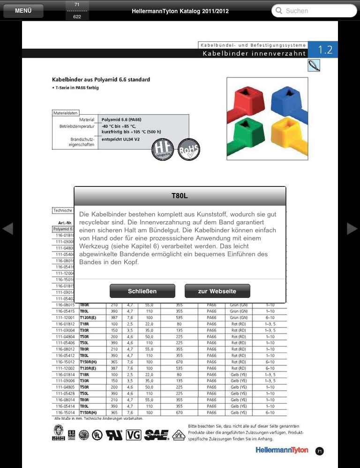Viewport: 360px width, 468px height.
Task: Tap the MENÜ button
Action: tap(23, 11)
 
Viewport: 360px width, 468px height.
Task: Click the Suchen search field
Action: tap(314, 11)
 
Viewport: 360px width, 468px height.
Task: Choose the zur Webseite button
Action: tap(217, 291)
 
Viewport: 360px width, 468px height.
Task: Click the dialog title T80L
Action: tap(180, 196)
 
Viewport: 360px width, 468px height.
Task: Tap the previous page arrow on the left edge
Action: tap(8, 229)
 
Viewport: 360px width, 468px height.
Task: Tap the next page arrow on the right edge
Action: tap(352, 229)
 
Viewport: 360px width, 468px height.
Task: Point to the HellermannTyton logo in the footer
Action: tap(281, 450)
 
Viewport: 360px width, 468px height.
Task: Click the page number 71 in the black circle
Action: tap(319, 451)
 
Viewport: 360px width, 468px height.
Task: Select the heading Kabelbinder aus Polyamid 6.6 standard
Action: tap(101, 80)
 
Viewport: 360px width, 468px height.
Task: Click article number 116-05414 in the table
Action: tap(65, 406)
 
